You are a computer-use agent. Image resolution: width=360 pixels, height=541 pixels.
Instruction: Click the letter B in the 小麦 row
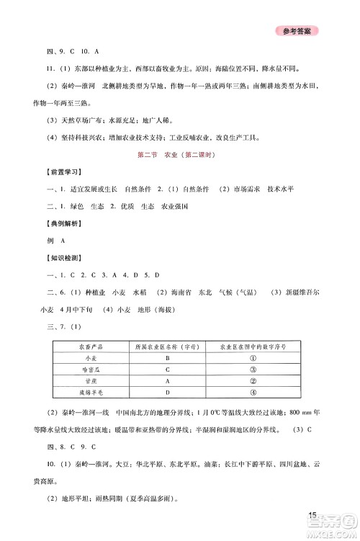coord(166,358)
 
